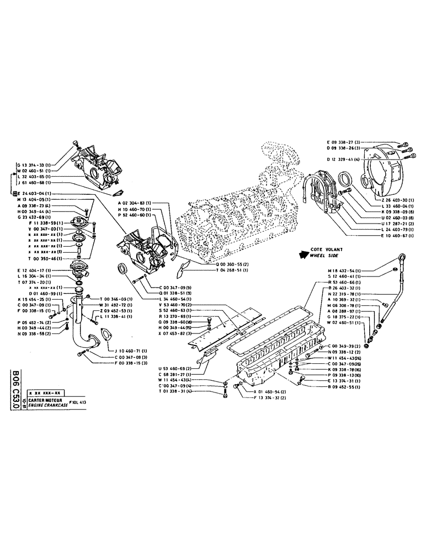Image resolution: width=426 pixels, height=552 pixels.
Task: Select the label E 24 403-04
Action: click(x=34, y=193)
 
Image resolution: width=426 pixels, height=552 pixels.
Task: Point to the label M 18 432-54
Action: click(x=358, y=270)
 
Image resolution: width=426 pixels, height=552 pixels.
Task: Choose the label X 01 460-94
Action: click(x=270, y=391)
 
